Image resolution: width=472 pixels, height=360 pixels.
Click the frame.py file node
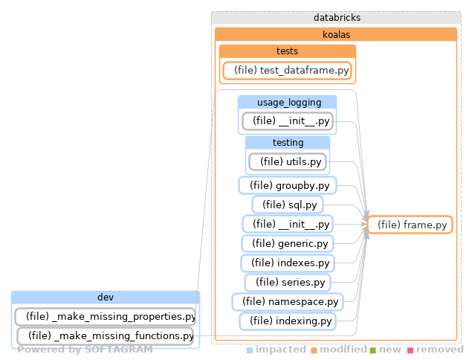point(411,225)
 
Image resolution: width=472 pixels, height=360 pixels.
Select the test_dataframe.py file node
point(288,70)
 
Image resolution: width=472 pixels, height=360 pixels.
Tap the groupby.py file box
point(288,185)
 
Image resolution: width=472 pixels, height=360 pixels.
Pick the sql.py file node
point(288,205)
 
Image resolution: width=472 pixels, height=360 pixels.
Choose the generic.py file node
point(288,243)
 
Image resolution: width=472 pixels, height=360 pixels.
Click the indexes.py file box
point(288,263)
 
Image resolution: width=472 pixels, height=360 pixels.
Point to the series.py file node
point(288,282)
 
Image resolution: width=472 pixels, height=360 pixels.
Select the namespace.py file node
point(288,301)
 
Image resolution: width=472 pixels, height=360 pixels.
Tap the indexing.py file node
point(288,321)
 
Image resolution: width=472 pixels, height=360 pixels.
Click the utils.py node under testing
point(288,161)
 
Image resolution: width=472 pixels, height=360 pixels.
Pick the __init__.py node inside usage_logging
point(288,120)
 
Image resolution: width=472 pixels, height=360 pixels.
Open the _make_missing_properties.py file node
point(106,317)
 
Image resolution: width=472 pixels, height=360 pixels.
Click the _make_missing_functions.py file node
point(106,336)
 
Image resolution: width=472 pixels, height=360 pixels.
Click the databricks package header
point(336,17)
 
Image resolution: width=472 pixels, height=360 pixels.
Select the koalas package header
point(336,34)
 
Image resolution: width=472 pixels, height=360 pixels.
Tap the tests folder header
point(287,51)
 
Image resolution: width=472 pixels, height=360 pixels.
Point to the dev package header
point(106,298)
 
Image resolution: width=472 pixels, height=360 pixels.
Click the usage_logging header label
point(287,102)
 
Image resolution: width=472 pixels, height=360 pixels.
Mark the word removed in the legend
point(439,349)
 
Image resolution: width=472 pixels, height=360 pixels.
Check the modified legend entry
point(338,349)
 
